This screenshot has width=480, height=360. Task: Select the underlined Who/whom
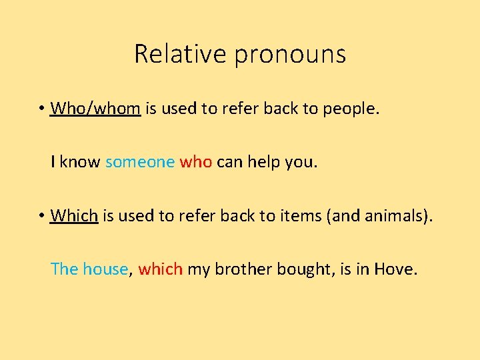(95, 107)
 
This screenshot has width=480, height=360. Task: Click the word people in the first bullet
(349, 108)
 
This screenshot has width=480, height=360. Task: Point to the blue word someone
(140, 161)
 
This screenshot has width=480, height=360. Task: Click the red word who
(196, 161)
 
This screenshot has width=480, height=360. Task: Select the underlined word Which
(75, 215)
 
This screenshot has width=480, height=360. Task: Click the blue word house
(105, 269)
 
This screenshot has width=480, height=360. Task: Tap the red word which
(161, 269)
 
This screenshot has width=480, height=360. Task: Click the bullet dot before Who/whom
(41, 108)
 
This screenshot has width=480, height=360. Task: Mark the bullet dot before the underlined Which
(41, 216)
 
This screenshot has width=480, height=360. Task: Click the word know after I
(80, 161)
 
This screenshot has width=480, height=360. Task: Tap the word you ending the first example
(304, 162)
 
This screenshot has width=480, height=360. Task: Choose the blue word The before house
(65, 269)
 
